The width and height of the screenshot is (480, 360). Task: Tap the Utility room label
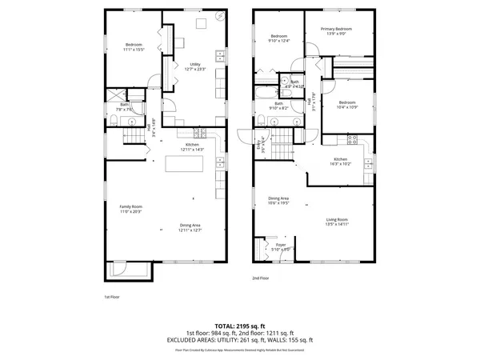[194, 64]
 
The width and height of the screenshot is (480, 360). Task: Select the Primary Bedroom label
[337, 30]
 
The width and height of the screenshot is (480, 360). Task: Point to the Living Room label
[337, 219]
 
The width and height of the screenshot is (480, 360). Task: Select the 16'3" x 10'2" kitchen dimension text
[342, 164]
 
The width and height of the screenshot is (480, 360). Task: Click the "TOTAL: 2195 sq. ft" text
[240, 326]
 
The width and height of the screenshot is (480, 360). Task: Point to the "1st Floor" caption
[112, 297]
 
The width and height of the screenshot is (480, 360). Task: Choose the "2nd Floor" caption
[260, 278]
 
